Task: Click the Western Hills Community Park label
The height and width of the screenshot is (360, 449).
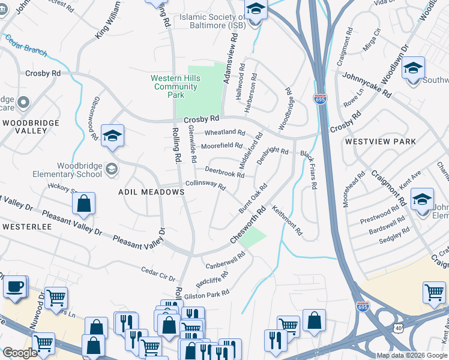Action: [x=174, y=86]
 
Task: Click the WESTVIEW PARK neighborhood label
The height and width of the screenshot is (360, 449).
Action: [x=380, y=142]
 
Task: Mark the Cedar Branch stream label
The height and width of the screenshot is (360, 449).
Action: [x=26, y=46]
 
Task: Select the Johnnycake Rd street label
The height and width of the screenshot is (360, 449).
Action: [x=366, y=86]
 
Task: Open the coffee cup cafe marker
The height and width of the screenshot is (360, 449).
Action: [x=14, y=286]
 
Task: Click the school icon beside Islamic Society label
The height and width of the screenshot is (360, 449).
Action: [x=256, y=10]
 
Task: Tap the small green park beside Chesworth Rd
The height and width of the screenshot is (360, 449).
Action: [x=255, y=236]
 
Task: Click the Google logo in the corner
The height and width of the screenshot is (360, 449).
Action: [x=20, y=353]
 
